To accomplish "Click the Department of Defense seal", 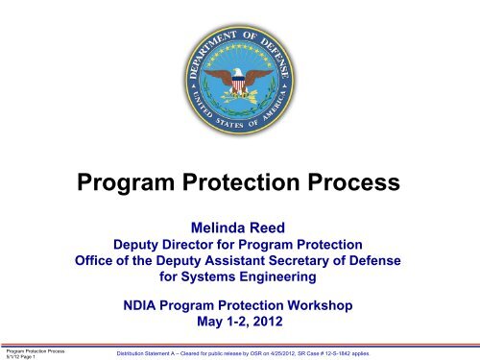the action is tap(239, 80).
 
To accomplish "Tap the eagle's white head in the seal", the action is tap(237, 72).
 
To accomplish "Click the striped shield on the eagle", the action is tap(238, 84).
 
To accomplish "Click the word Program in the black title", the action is tap(126, 183).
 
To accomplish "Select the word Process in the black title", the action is tap(353, 182).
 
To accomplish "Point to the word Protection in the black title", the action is tap(241, 182).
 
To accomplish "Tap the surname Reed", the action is tap(267, 228).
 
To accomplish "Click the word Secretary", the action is tap(299, 261).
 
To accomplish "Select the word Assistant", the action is tap(235, 261).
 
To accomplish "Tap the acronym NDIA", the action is tap(139, 305).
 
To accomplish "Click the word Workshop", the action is tap(320, 305).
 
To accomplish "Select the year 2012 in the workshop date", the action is tap(268, 322).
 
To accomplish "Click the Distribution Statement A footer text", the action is tap(243, 353).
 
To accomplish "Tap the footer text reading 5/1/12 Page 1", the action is tap(21, 357).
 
